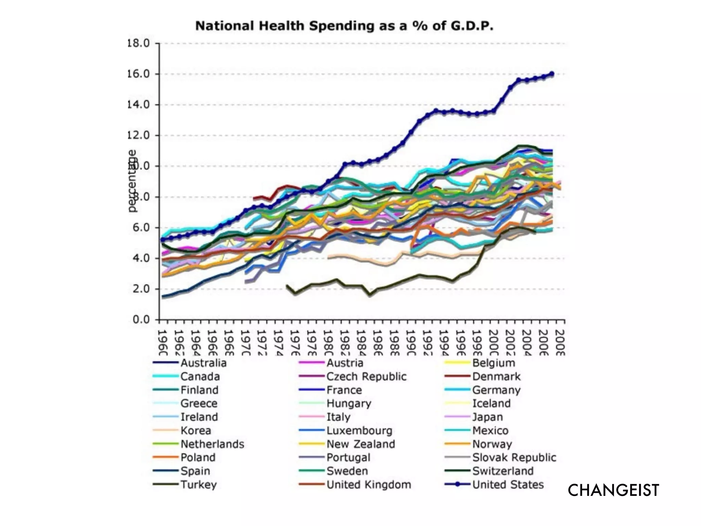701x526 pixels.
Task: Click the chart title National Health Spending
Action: pos(344,26)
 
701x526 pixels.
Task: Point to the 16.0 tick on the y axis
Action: pos(139,74)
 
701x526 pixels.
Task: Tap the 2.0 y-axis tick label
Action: pos(141,289)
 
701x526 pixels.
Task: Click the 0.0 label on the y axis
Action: pos(141,320)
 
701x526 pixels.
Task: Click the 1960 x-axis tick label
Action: pos(163,342)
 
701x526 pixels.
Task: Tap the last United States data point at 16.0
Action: pos(551,74)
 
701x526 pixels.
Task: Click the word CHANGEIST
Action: pos(613,490)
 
